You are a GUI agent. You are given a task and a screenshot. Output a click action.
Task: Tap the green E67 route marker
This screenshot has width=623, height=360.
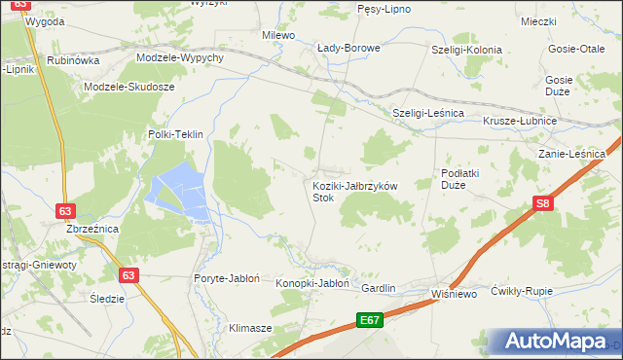click(x=369, y=319)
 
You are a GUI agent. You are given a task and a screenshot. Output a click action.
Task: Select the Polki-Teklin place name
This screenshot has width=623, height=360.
click(x=174, y=135)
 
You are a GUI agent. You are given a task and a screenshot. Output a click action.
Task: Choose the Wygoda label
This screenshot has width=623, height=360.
click(x=46, y=20)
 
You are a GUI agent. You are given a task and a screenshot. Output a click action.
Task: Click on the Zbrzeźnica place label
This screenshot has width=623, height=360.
click(x=92, y=229)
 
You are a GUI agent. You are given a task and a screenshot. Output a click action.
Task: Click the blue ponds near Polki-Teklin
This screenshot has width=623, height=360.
click(x=177, y=190)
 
